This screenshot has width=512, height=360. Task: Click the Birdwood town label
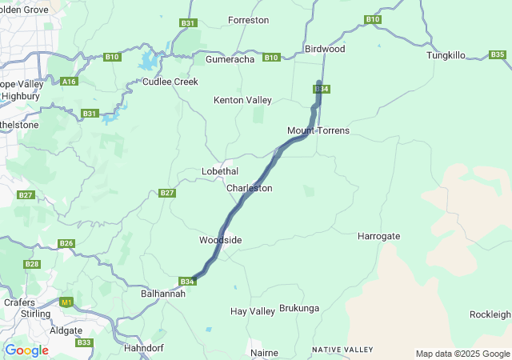[x=325, y=49]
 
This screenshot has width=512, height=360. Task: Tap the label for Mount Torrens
[x=318, y=130]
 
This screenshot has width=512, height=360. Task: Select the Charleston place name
[x=250, y=188]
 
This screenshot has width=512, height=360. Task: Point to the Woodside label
[x=220, y=240]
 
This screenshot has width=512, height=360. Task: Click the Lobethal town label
[x=220, y=171]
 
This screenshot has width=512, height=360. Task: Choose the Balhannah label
[x=163, y=294]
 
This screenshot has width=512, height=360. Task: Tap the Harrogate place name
[x=378, y=237]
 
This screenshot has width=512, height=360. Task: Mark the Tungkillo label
[x=446, y=55]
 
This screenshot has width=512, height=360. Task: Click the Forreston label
[x=249, y=19]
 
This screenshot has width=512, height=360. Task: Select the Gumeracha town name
[x=230, y=59]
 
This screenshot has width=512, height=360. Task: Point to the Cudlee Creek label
[x=170, y=82]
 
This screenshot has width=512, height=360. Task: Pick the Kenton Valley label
[x=242, y=100]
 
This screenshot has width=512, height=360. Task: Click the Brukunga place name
[x=300, y=308]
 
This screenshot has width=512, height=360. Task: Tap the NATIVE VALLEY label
[x=342, y=350]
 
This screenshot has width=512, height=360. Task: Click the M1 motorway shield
[x=67, y=302]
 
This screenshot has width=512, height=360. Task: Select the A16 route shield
[x=69, y=81]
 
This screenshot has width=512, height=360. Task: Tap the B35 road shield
[x=498, y=54]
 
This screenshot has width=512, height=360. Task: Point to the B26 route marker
[x=66, y=243]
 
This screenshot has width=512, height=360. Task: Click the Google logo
[x=26, y=350]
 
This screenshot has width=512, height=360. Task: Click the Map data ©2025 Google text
[x=462, y=354]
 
